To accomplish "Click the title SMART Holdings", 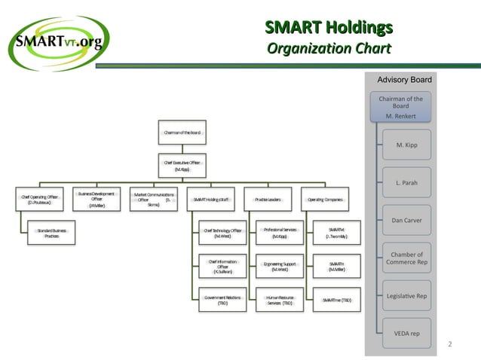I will click(329, 29).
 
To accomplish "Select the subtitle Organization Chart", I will click(329, 50).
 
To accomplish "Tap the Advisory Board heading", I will click(404, 80).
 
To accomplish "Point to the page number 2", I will click(450, 345).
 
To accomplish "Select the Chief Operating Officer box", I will click(38, 199).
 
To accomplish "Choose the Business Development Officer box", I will click(97, 199).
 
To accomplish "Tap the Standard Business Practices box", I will click(51, 233).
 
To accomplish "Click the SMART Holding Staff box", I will click(211, 199).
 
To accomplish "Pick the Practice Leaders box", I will click(268, 199).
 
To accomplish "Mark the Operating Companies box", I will click(324, 199).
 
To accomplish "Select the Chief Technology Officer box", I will click(222, 233).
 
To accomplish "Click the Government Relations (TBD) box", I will click(222, 300).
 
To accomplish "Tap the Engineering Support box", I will click(279, 267).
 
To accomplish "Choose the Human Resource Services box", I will click(279, 300).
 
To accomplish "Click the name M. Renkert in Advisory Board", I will click(400, 116).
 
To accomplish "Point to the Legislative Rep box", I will click(406, 295).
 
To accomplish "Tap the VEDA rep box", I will click(406, 333).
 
